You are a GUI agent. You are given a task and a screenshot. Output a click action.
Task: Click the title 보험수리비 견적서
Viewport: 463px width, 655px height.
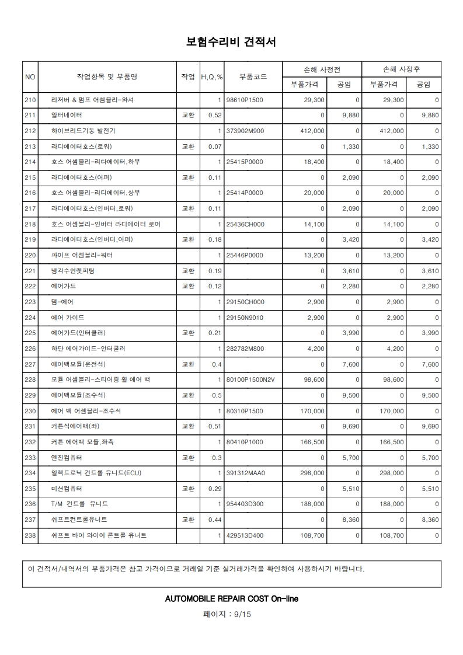[x=231, y=42]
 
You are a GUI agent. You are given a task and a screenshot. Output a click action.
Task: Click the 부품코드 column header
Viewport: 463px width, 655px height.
[x=253, y=76]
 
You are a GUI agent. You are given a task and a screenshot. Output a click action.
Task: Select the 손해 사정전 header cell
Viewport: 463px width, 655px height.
[x=322, y=69]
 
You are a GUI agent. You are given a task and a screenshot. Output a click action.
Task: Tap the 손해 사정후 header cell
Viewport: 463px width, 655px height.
[x=401, y=69]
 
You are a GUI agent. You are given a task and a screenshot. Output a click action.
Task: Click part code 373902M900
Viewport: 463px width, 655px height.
[x=245, y=131]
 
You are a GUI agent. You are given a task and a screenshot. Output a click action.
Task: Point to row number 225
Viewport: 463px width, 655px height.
[x=30, y=333]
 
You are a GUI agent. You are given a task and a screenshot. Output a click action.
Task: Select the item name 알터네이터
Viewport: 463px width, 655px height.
[x=67, y=116]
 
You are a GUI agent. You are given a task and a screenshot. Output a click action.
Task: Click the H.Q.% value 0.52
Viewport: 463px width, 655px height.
[x=214, y=116]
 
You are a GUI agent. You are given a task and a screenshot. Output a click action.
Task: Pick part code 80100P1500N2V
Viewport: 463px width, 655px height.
[x=250, y=380]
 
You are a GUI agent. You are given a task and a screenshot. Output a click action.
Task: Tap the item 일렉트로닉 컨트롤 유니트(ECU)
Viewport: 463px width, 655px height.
[x=96, y=473]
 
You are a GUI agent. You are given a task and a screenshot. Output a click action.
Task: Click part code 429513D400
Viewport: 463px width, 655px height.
[x=245, y=535]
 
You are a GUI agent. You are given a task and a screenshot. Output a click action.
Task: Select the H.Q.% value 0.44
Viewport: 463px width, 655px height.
[x=214, y=520]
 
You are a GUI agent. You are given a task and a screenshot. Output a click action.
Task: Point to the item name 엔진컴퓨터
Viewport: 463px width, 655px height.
[x=67, y=458]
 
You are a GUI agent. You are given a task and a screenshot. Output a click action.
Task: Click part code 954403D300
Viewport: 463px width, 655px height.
[x=245, y=504]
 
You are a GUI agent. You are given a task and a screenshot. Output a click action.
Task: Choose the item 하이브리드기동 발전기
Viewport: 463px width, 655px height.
[x=83, y=131]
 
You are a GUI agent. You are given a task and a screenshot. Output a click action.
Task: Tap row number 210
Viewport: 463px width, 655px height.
[x=30, y=100]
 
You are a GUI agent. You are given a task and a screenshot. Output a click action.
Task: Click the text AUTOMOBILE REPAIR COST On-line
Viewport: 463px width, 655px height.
[x=232, y=599]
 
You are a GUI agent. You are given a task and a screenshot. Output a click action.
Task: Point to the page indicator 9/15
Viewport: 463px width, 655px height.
[x=241, y=614]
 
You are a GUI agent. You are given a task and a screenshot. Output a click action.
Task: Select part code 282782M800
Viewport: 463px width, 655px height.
[x=245, y=349]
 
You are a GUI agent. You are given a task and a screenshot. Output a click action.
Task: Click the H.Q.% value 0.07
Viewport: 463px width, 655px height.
[x=214, y=147]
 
